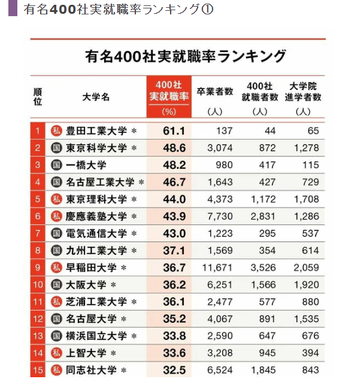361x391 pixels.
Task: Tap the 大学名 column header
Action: (95, 96)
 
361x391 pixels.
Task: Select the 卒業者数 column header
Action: (214, 92)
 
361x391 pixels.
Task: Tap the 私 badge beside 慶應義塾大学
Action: (57, 216)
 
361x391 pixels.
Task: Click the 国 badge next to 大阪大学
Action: (57, 284)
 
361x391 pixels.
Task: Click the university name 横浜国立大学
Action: (96, 336)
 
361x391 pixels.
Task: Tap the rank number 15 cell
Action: (37, 370)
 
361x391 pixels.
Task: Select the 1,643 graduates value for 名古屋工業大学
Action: (219, 182)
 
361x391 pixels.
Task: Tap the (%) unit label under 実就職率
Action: (169, 112)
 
